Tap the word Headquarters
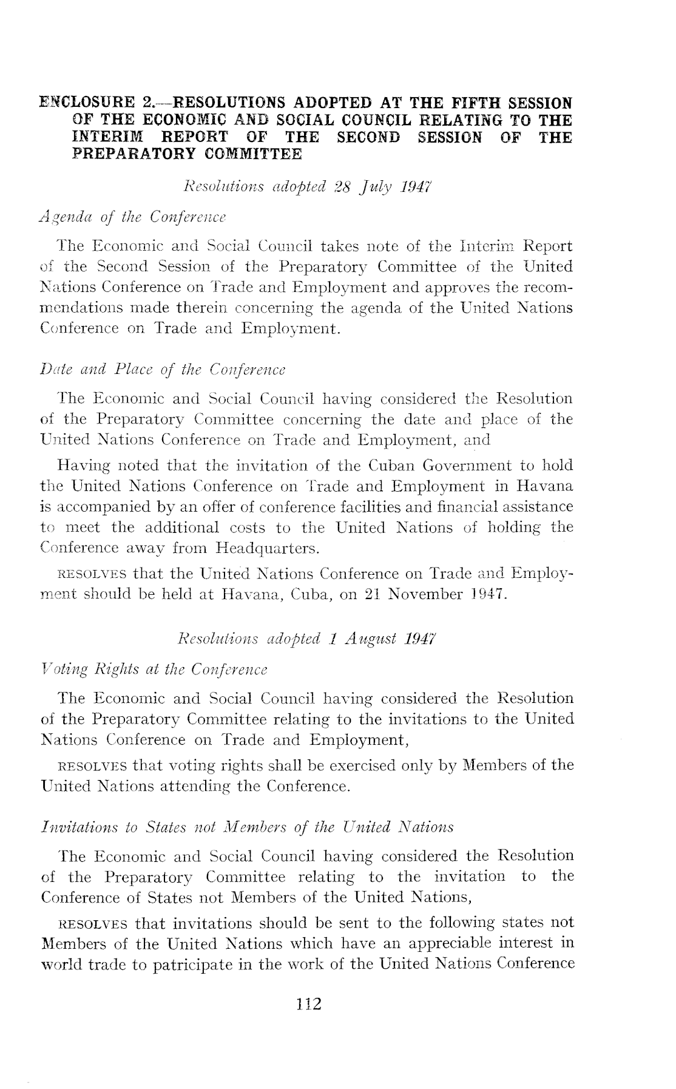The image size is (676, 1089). pyautogui.click(x=267, y=549)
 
